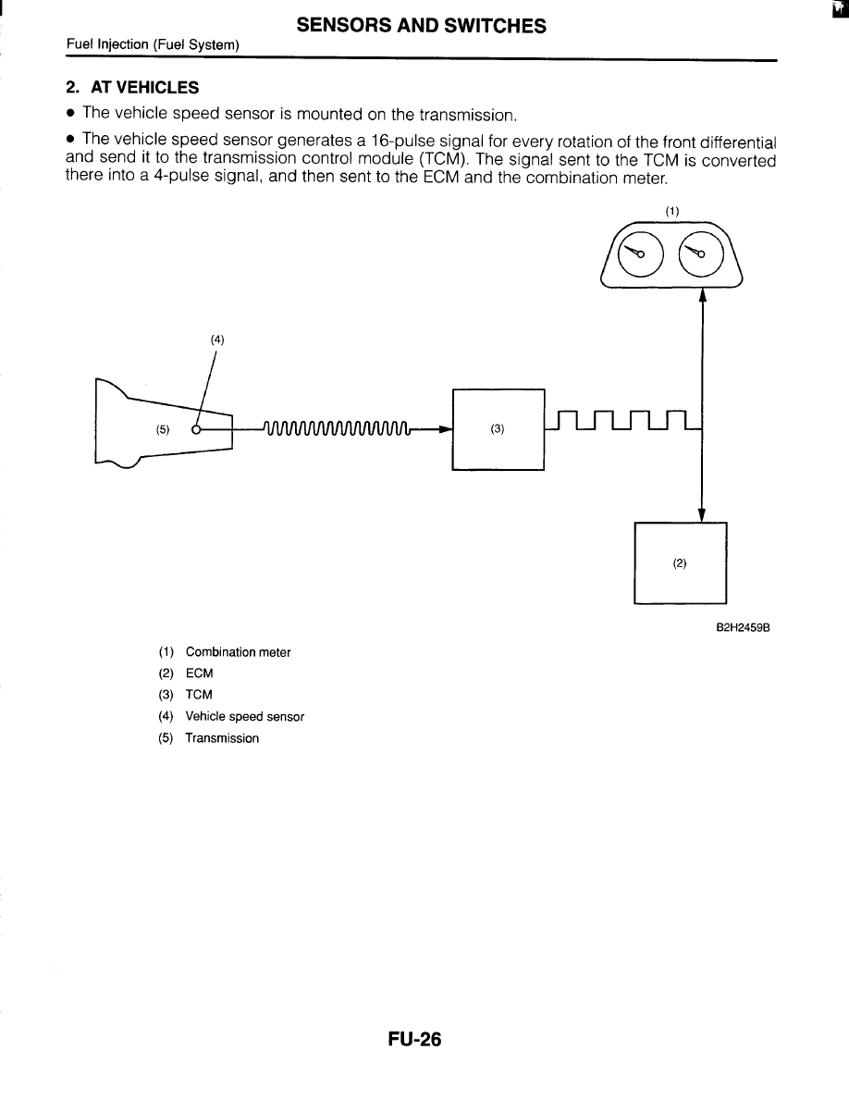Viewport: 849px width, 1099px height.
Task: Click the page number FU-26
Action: [415, 1040]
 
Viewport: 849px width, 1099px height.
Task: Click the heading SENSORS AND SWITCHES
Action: [421, 26]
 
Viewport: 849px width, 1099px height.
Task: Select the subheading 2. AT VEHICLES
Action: [132, 88]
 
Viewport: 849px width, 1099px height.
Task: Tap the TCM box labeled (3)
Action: [498, 429]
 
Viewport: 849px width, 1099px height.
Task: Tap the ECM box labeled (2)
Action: [680, 562]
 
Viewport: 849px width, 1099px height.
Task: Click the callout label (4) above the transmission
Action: [217, 340]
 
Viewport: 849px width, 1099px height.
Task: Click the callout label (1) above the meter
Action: [672, 211]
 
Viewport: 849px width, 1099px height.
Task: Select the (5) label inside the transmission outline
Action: [163, 429]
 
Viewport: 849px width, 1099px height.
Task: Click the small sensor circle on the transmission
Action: [196, 429]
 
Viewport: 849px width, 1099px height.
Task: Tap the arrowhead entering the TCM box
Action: [445, 429]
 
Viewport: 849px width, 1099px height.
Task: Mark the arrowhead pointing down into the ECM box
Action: [703, 514]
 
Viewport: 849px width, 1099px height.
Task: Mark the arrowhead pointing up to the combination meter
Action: [703, 294]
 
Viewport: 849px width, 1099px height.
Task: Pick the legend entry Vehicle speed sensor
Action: [244, 716]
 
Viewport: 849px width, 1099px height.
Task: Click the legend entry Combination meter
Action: [238, 652]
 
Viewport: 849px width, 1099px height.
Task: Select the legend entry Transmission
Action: [222, 738]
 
